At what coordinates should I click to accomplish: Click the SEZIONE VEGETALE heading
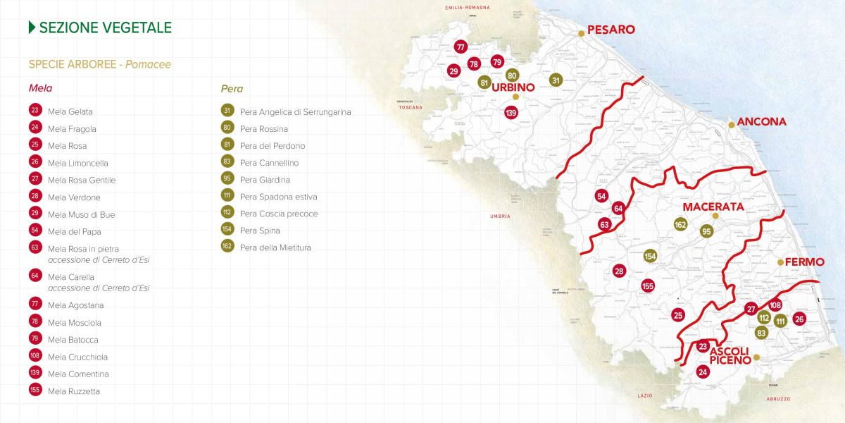coord(106,28)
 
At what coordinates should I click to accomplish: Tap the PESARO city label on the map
coord(611,30)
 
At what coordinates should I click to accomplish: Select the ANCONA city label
coord(761,122)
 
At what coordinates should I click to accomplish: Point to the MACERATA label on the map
coord(713,207)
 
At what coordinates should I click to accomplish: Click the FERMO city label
coord(804,262)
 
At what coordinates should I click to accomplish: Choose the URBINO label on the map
coord(513,87)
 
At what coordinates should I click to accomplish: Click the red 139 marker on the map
coord(511,112)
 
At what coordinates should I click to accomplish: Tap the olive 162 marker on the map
coord(680,224)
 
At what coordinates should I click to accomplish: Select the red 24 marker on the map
coord(702,372)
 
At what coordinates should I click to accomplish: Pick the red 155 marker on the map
coord(648,286)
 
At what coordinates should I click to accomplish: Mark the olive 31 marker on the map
coord(556,80)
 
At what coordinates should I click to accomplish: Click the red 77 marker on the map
coord(461,47)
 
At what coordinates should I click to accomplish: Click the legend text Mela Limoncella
coord(77,163)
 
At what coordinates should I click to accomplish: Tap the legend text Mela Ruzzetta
coord(74,391)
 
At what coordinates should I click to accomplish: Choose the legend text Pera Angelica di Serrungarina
coord(295,111)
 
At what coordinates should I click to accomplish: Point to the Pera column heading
coord(232,89)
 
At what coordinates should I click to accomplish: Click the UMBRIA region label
coord(501,216)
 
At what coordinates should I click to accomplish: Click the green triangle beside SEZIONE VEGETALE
coord(32,27)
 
